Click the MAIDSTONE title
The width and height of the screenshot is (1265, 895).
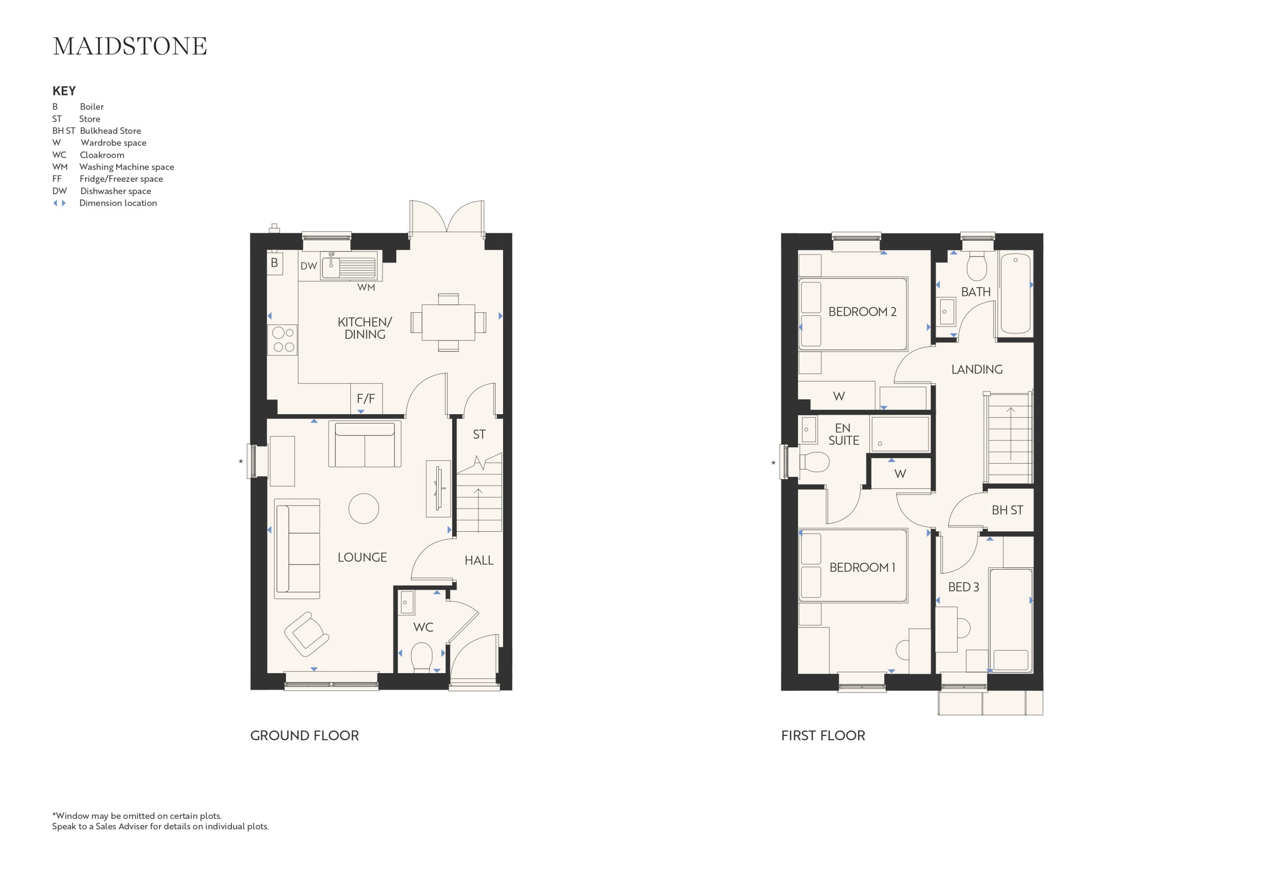pos(130,46)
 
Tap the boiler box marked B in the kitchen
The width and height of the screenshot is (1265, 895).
pos(274,263)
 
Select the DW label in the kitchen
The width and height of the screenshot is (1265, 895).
pos(308,266)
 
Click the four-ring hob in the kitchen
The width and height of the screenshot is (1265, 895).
pos(283,340)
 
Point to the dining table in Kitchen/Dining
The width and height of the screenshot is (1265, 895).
pos(449,322)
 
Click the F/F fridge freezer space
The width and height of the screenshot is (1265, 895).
pos(366,398)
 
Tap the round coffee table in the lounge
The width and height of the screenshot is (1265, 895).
pos(364,508)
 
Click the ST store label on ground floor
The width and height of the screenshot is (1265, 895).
pos(479,434)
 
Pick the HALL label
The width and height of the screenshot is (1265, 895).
pos(479,560)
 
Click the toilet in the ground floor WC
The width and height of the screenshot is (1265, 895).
pos(422,659)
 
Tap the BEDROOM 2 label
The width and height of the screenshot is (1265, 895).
pos(862,312)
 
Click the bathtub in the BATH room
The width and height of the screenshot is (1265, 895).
pos(1015,293)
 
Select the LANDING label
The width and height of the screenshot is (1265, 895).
pos(977,369)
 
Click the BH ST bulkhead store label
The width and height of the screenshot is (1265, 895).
pos(1007,511)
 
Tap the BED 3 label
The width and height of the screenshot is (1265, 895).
pos(964,587)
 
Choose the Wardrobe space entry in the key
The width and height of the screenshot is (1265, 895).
pos(99,143)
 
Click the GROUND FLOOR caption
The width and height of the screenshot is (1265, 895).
pos(304,735)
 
